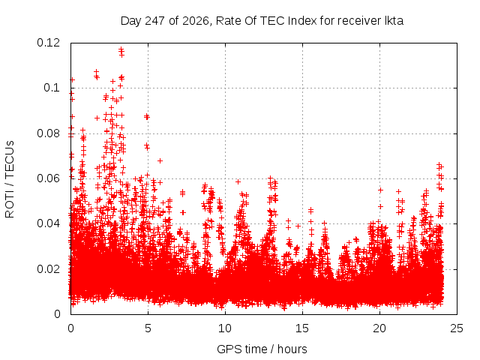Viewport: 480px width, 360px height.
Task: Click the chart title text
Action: click(x=262, y=21)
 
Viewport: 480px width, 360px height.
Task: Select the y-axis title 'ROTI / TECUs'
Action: click(x=10, y=179)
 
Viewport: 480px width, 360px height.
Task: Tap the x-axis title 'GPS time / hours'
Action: click(x=262, y=349)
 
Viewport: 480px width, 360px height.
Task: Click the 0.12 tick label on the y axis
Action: click(x=48, y=43)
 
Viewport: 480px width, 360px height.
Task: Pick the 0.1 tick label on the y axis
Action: click(x=52, y=88)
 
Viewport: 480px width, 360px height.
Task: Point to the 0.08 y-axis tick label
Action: click(x=48, y=133)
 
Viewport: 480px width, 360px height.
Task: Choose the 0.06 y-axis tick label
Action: click(x=48, y=178)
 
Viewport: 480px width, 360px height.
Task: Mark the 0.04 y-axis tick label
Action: click(x=48, y=223)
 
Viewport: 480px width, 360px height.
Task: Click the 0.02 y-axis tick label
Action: click(x=48, y=269)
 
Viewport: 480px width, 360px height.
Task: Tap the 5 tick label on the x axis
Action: click(x=148, y=328)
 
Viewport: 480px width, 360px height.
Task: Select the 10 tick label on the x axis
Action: click(x=225, y=328)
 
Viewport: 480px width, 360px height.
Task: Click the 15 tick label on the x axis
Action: click(x=302, y=328)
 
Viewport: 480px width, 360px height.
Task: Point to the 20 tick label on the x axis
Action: click(x=379, y=328)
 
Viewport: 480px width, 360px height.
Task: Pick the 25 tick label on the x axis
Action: click(x=457, y=328)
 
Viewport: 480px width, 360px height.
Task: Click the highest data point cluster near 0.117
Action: click(x=121, y=52)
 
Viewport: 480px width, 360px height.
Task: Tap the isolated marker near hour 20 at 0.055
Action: click(x=380, y=190)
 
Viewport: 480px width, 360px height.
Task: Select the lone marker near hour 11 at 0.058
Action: click(x=238, y=181)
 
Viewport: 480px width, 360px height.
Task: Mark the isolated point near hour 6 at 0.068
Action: click(x=160, y=160)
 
